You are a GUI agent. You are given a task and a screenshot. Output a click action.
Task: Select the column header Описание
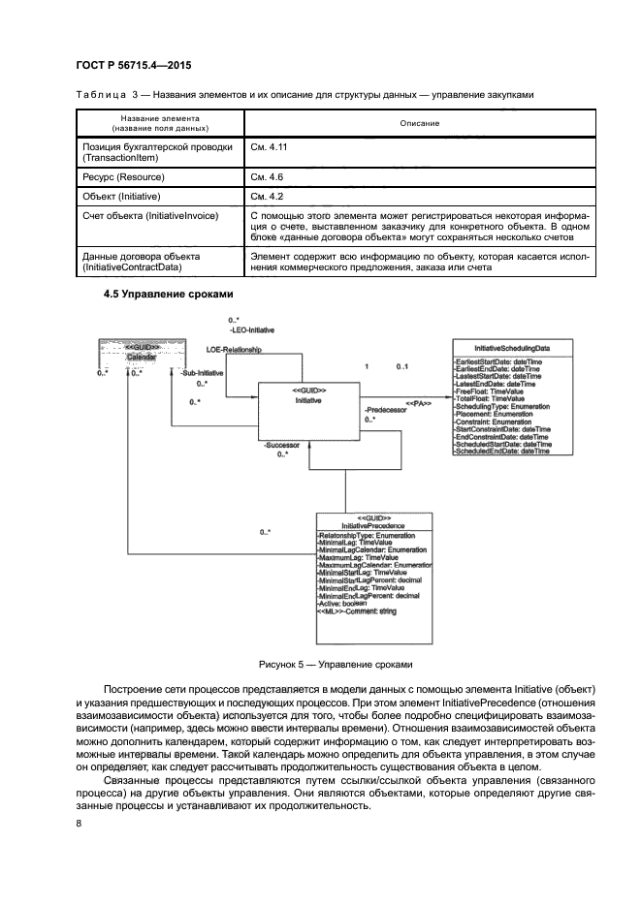click(x=420, y=124)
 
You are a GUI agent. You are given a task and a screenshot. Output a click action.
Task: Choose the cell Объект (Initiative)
click(x=119, y=196)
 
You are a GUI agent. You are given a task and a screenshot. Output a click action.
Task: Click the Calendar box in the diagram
click(x=144, y=354)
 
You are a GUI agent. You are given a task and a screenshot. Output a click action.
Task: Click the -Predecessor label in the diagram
click(x=385, y=410)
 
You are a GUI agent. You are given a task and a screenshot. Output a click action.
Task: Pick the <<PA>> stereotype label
click(x=417, y=402)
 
